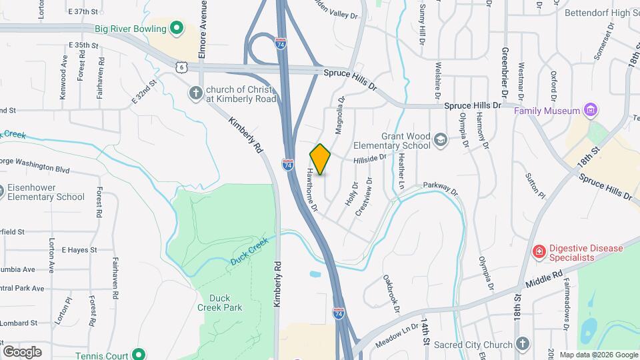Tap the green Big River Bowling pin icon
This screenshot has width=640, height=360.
click(176, 29)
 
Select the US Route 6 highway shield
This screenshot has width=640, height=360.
click(181, 67)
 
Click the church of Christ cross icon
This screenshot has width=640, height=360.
click(196, 93)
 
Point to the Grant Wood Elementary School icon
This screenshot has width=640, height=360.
click(440, 139)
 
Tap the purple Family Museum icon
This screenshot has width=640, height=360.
click(589, 110)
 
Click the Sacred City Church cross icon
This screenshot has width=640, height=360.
click(523, 344)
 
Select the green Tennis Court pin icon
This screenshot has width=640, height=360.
click(139, 355)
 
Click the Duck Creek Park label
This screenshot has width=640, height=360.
click(219, 303)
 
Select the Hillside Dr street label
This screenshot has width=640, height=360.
click(370, 159)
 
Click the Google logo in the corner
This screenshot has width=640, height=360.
click(22, 351)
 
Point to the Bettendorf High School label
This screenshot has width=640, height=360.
click(601, 13)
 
